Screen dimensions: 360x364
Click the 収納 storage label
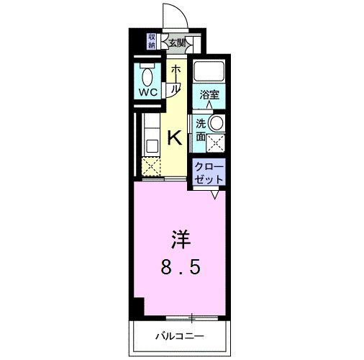[152, 41]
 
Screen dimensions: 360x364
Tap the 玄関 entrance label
[177, 43]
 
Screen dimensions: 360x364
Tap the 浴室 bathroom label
[209, 94]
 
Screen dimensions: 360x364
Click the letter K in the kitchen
[174, 138]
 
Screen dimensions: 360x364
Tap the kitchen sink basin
[152, 145]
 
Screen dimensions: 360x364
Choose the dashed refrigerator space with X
[151, 167]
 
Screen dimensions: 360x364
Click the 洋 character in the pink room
[181, 238]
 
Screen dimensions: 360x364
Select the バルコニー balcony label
[180, 336]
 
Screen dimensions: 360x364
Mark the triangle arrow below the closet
[215, 194]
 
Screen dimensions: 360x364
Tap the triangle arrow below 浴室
[209, 105]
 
